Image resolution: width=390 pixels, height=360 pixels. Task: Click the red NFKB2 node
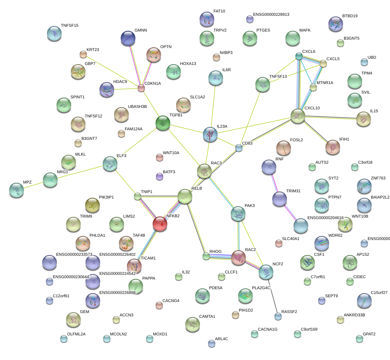[x=160, y=224]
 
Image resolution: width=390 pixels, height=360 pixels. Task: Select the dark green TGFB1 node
[x=163, y=123]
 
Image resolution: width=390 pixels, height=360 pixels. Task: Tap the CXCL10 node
[x=298, y=116]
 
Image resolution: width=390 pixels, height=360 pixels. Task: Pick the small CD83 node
[x=239, y=148]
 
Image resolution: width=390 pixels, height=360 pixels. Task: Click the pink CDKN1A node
[x=141, y=88]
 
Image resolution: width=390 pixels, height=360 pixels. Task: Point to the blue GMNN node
[x=128, y=38]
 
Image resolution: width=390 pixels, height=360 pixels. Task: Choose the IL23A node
[x=210, y=134]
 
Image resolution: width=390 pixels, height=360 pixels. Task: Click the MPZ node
[x=17, y=190]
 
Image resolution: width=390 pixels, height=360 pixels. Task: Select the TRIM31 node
[x=280, y=199]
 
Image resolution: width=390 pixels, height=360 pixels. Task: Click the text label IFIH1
[x=344, y=139]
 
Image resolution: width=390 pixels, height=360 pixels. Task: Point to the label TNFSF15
[x=69, y=26]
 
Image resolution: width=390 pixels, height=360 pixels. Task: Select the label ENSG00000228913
[x=271, y=15]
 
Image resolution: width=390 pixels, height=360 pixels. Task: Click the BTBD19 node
[x=336, y=24]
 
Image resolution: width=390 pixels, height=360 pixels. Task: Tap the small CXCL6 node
[x=299, y=56]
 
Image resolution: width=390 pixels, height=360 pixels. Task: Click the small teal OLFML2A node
[x=64, y=339]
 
